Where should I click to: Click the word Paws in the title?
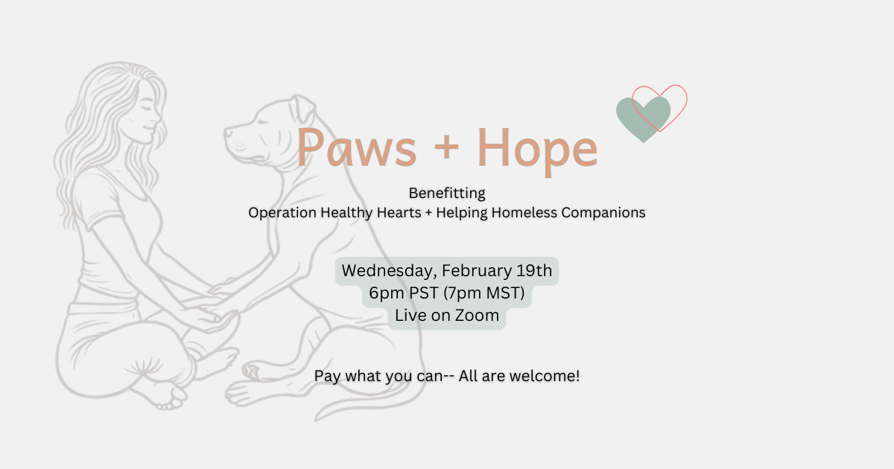[x=356, y=147]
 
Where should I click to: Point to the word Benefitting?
[x=447, y=194]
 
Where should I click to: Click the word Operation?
[x=282, y=213]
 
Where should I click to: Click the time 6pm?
[x=385, y=293]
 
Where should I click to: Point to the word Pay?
[x=326, y=376]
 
